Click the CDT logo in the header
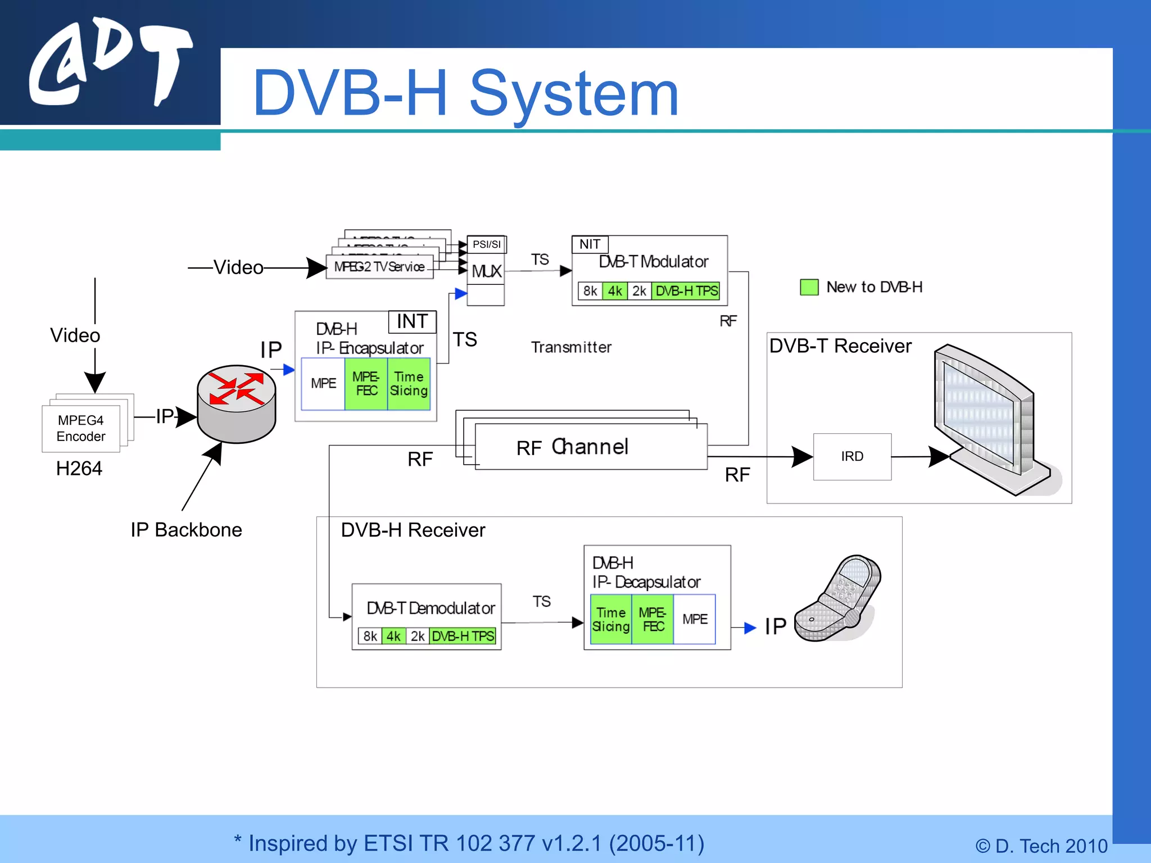pyautogui.click(x=110, y=62)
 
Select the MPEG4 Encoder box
pyautogui.click(x=81, y=428)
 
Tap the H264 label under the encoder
pyautogui.click(x=79, y=468)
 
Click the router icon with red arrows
pyautogui.click(x=236, y=403)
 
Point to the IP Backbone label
pyautogui.click(x=186, y=530)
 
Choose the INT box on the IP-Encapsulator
pyautogui.click(x=412, y=321)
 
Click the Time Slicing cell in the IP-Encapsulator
pyautogui.click(x=409, y=384)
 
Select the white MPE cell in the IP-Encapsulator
pyautogui.click(x=323, y=384)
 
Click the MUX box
pyautogui.click(x=486, y=271)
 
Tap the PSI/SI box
pyautogui.click(x=486, y=244)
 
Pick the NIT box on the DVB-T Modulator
pyautogui.click(x=590, y=244)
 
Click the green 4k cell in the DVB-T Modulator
pyautogui.click(x=615, y=291)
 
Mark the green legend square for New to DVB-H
pyautogui.click(x=809, y=287)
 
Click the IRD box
pyautogui.click(x=852, y=456)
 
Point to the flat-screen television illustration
pyautogui.click(x=989, y=419)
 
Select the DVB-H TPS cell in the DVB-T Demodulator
pyautogui.click(x=463, y=636)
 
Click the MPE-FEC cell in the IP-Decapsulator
pyautogui.click(x=652, y=619)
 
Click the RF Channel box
pyautogui.click(x=590, y=447)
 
